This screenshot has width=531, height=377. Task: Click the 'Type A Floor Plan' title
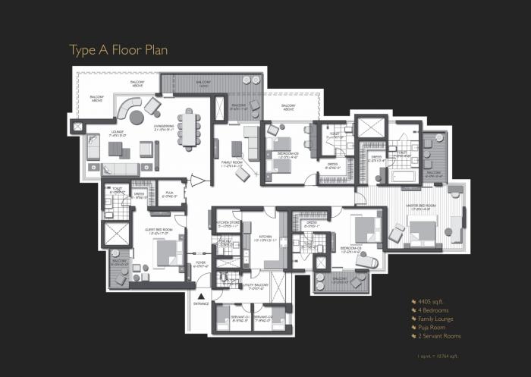click(x=118, y=50)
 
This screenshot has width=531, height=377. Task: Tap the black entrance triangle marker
click(x=201, y=296)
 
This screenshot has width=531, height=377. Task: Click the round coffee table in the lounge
click(x=136, y=118)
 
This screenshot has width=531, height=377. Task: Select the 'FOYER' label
click(x=200, y=265)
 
